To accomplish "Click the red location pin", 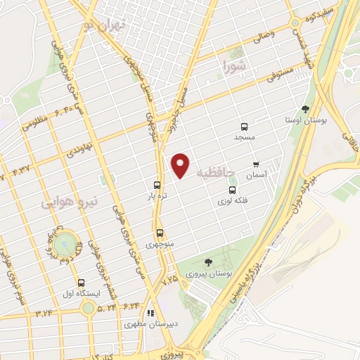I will click(181, 165).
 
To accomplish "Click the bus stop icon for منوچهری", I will click(160, 233).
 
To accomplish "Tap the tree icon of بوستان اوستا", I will click(304, 109).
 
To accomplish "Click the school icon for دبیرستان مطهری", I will click(150, 313).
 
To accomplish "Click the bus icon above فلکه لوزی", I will click(232, 190).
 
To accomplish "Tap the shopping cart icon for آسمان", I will click(255, 163).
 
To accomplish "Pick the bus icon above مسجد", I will click(244, 127).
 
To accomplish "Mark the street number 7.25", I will click(169, 281).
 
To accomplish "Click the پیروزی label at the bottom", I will click(169, 349).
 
